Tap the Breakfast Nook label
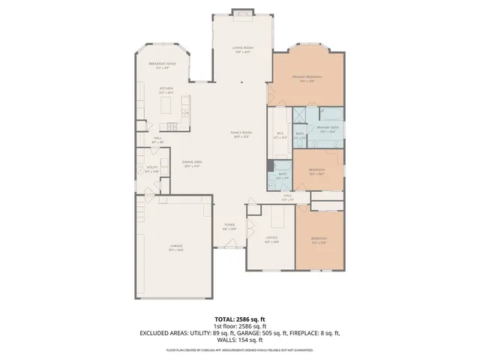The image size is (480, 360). [x=161, y=65]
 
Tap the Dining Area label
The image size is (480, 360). [x=191, y=163]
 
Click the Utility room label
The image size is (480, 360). [x=151, y=169]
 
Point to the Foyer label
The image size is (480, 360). [x=229, y=226]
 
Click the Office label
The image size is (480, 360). [x=271, y=240]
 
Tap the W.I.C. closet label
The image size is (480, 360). [x=280, y=136]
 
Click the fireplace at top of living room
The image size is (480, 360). [x=241, y=11]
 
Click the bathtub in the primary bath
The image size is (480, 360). [x=331, y=114]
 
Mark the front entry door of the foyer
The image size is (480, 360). [x=229, y=248]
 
